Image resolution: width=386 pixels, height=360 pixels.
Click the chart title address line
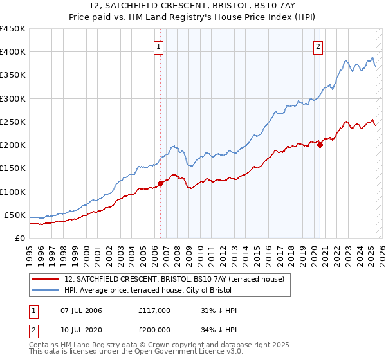[192, 6]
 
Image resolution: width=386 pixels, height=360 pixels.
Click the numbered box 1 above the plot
[158, 46]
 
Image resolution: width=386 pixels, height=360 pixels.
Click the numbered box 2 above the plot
[318, 46]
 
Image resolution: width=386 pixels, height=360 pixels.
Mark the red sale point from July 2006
[160, 183]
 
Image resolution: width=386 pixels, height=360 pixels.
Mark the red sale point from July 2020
[320, 145]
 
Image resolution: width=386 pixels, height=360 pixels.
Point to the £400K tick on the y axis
[12, 52]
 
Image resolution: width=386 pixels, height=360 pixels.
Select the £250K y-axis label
[12, 122]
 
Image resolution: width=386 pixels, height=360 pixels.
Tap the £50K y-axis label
[15, 215]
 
